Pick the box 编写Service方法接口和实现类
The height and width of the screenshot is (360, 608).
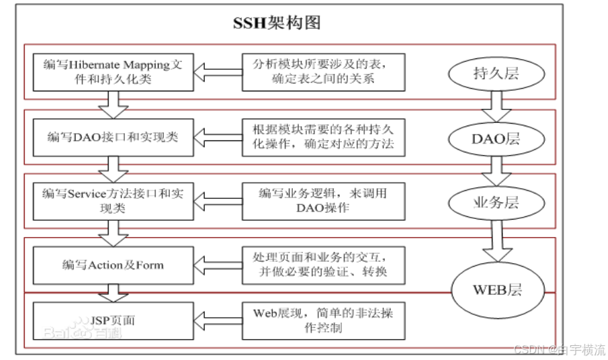click(112, 200)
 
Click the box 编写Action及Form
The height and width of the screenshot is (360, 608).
click(112, 265)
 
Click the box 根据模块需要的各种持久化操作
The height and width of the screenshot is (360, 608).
click(323, 136)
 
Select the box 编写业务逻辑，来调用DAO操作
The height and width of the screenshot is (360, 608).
click(323, 200)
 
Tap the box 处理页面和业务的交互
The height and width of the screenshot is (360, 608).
click(323, 264)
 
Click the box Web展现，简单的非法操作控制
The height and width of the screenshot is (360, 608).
click(323, 320)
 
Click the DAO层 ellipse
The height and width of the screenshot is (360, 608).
click(496, 139)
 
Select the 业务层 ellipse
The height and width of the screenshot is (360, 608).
click(496, 202)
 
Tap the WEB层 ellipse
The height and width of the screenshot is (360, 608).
click(498, 290)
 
